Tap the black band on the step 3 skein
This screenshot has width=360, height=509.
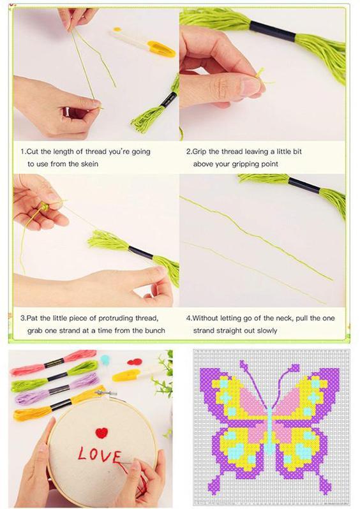(x=140, y=252)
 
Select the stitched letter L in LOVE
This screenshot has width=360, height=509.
(x=82, y=454)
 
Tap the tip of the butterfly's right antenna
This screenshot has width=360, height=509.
(x=296, y=367)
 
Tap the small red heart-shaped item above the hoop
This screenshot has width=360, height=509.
(x=134, y=362)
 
